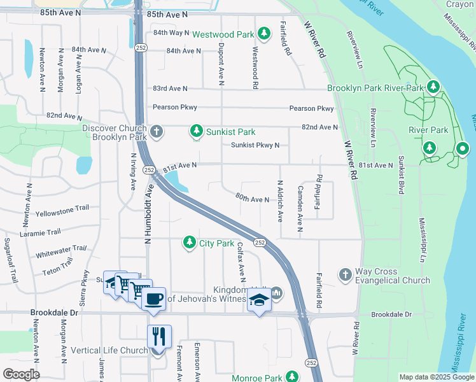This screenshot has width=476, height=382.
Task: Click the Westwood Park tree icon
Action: tap(263, 33)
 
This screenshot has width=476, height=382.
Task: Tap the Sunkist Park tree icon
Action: tap(197, 132)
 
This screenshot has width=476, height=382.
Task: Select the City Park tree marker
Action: tap(189, 243)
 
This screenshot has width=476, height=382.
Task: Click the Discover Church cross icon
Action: tap(157, 132)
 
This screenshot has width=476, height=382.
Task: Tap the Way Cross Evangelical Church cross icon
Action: tap(345, 274)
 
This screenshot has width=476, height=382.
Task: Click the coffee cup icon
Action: tap(154, 299)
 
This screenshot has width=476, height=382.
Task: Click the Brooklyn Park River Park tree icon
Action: tap(433, 87)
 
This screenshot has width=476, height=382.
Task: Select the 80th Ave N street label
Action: tap(253, 199)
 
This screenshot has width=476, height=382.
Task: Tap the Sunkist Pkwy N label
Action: tap(255, 145)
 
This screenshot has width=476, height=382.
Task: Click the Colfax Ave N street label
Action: tap(241, 261)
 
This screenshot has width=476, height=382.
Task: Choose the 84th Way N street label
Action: tap(171, 32)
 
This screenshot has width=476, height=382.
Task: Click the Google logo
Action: tap(21, 374)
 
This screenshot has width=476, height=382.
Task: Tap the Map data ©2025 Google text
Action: tap(437, 377)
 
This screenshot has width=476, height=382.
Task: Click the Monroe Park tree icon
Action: tap(291, 378)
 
